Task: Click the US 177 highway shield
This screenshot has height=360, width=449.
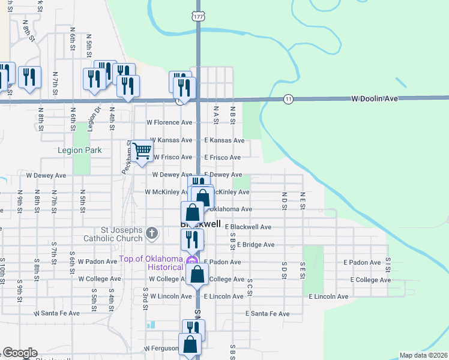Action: click(x=197, y=17)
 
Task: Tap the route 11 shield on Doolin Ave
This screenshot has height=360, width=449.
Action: click(x=289, y=99)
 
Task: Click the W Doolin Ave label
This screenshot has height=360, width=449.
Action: click(x=375, y=98)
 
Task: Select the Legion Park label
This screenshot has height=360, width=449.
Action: click(x=80, y=151)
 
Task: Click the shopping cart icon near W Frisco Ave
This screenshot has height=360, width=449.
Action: click(x=142, y=151)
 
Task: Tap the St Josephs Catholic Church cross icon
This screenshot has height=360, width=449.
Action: click(x=152, y=233)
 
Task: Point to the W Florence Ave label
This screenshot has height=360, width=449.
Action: click(x=170, y=122)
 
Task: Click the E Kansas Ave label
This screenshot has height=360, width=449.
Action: click(x=224, y=140)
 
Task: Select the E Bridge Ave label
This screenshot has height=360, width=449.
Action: click(x=256, y=245)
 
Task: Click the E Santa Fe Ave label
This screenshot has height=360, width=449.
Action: click(x=268, y=314)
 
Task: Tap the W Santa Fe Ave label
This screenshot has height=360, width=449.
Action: click(x=57, y=313)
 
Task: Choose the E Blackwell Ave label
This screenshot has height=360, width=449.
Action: click(x=248, y=227)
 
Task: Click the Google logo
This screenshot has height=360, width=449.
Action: click(x=20, y=353)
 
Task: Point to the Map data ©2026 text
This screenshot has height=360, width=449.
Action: click(x=423, y=355)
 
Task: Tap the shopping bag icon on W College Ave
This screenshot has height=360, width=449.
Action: click(x=197, y=275)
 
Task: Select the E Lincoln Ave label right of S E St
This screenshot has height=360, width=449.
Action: click(x=328, y=296)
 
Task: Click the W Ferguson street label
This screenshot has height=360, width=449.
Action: click(x=161, y=349)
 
